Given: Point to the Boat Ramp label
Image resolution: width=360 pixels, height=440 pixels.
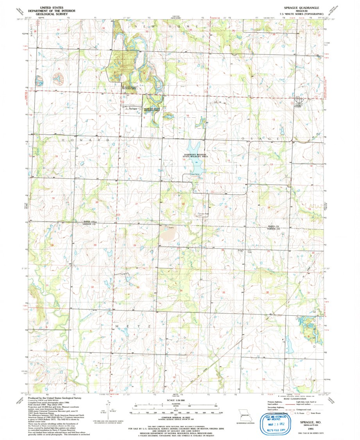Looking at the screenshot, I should point(195,174).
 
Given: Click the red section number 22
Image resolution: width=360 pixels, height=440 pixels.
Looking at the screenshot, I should point(183,204).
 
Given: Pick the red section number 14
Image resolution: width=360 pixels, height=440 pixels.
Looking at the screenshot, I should point(227,161).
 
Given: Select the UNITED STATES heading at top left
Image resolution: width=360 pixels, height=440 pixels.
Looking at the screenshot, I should point(52,7).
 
